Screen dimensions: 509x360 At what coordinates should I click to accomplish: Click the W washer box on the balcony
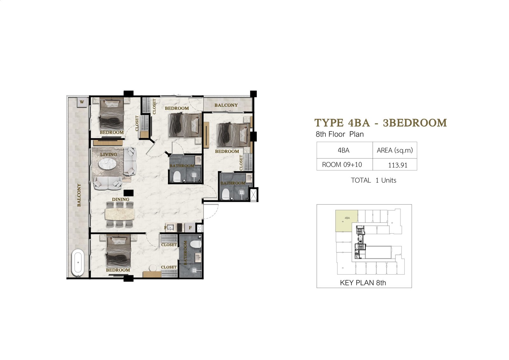(x=82, y=102)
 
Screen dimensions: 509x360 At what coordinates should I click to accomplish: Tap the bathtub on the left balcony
(x=78, y=263)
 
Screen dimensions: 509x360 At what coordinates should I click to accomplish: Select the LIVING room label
(x=108, y=154)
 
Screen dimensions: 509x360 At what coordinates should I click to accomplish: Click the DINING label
(x=121, y=200)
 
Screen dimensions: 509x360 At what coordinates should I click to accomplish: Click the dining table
(x=120, y=214)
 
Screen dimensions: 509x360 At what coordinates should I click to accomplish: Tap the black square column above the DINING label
(x=129, y=193)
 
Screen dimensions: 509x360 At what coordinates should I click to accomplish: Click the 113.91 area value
(x=397, y=165)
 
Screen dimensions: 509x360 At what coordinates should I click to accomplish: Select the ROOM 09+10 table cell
(x=342, y=165)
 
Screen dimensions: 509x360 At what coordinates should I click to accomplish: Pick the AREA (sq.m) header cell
(x=395, y=150)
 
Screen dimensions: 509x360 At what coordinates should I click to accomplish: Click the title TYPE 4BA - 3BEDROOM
(x=380, y=123)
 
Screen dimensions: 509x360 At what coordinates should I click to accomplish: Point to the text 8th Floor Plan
(x=340, y=134)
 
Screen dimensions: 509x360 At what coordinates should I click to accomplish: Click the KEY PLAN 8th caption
(x=363, y=283)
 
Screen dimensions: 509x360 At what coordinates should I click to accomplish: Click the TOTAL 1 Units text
(x=373, y=180)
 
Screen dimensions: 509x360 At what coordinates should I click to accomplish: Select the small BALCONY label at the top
(x=226, y=105)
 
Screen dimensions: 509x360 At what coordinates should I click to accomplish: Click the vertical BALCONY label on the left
(x=79, y=195)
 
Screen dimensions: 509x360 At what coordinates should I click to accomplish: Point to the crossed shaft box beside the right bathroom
(x=254, y=194)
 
